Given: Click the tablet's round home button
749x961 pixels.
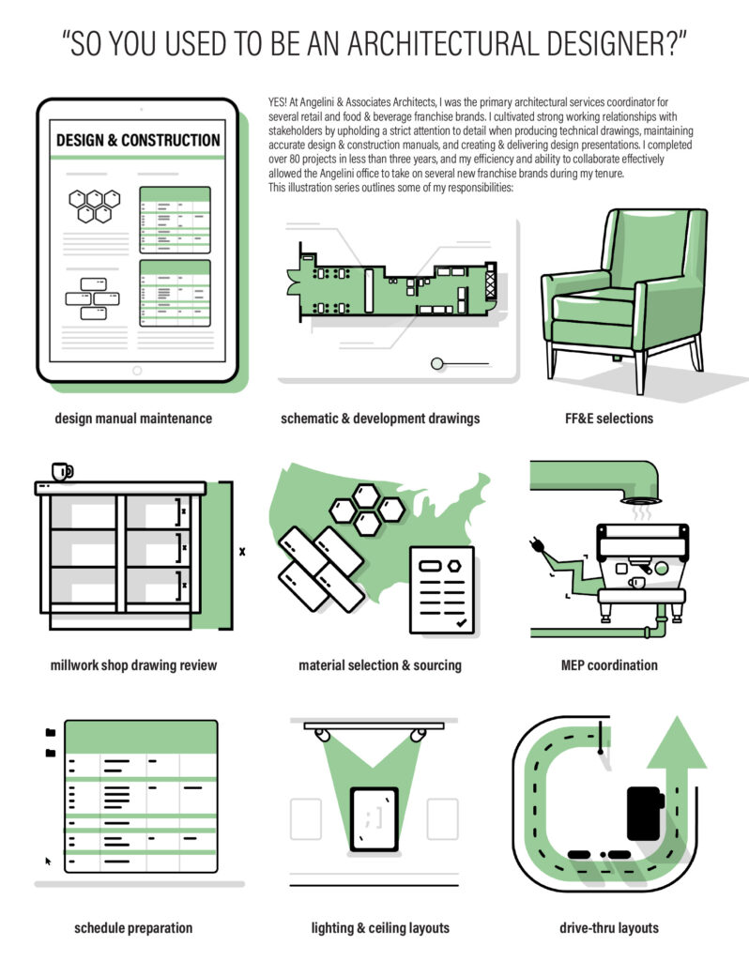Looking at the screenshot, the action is [137, 370].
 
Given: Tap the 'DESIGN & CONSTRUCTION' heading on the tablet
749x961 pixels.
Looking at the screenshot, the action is [138, 141].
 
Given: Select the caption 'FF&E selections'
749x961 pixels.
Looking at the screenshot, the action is [609, 419].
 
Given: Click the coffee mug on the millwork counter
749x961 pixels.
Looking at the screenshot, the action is [62, 472].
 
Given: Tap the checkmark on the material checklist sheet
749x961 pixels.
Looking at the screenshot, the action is [461, 623].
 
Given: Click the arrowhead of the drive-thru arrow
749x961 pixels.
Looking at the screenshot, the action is [677, 742].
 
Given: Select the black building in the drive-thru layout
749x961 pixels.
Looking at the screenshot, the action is [645, 814].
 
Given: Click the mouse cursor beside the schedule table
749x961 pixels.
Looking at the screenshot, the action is [48, 862].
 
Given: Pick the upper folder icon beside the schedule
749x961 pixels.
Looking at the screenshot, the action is [51, 732].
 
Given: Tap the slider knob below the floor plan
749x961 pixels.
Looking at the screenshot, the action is [437, 364].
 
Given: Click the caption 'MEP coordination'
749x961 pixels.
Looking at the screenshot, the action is [609, 665].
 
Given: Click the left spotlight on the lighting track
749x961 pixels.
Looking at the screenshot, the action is [322, 734].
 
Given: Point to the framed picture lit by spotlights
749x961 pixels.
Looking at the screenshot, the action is [374, 819].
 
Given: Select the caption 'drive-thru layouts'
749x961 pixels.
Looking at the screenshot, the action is [609, 928].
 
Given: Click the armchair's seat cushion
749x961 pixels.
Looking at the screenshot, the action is [593, 307].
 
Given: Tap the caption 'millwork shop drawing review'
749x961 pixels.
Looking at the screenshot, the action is [133, 665].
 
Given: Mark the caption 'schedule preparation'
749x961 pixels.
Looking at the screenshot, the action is [133, 928].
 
